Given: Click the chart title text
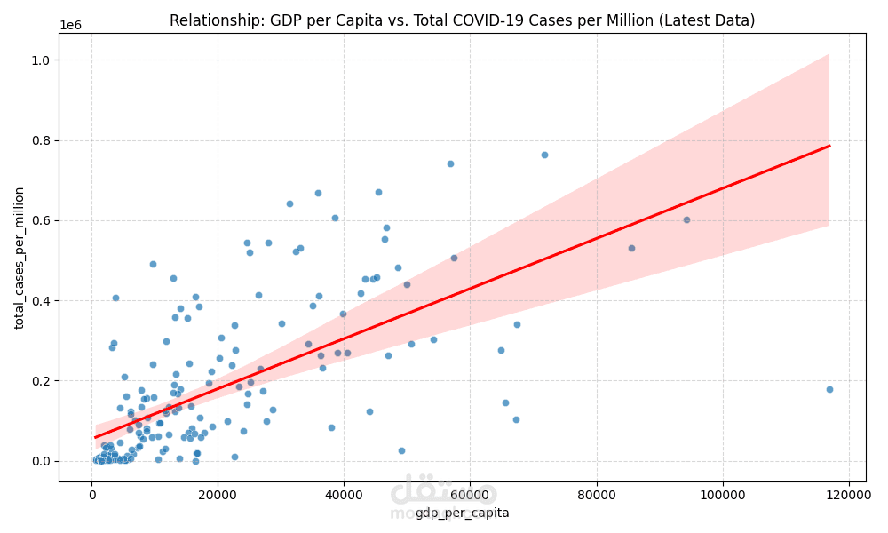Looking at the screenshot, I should point(462,20).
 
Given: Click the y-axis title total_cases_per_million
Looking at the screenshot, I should point(20,258).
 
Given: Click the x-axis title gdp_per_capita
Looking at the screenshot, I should point(462,513).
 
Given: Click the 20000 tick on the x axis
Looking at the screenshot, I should point(218,495).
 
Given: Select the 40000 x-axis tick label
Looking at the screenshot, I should point(344,495).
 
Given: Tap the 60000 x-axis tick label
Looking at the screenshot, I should point(470,495).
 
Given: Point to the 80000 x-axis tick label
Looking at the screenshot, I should point(596,495).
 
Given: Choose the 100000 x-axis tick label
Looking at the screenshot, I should point(722,495).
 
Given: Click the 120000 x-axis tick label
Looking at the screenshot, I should point(848,495).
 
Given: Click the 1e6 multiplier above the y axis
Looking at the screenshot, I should point(70,25).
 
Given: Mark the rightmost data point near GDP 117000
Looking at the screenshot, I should point(829,389).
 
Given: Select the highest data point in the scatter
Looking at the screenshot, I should point(544,155).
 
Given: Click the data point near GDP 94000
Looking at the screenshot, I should point(686,219).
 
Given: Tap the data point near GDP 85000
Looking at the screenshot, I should point(631,248).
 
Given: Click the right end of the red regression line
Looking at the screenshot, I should point(829,146).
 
